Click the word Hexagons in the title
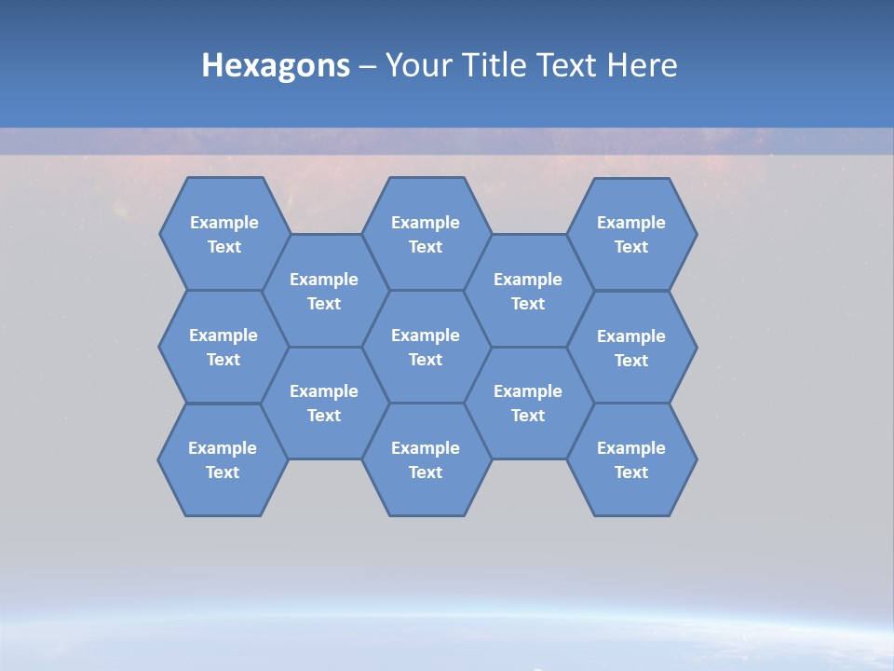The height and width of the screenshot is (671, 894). (276, 65)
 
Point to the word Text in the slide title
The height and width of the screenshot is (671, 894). (570, 65)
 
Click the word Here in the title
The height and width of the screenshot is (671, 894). (643, 65)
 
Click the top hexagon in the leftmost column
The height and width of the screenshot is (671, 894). (224, 234)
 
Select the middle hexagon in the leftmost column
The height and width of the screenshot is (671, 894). (223, 347)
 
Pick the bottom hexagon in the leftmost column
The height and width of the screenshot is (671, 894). (223, 459)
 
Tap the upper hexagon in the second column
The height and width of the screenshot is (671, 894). (324, 291)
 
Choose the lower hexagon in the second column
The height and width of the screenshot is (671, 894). (324, 403)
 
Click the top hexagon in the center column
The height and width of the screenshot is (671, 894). (426, 234)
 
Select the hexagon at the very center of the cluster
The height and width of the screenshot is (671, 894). (426, 347)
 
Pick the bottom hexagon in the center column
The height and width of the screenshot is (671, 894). (426, 459)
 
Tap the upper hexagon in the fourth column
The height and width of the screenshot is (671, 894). (528, 291)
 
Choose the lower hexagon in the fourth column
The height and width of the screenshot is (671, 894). (528, 403)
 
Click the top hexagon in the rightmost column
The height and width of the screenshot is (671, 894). (631, 234)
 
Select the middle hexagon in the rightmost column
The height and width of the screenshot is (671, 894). (631, 348)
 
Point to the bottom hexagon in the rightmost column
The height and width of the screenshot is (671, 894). (631, 459)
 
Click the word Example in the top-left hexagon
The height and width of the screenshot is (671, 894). (224, 223)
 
